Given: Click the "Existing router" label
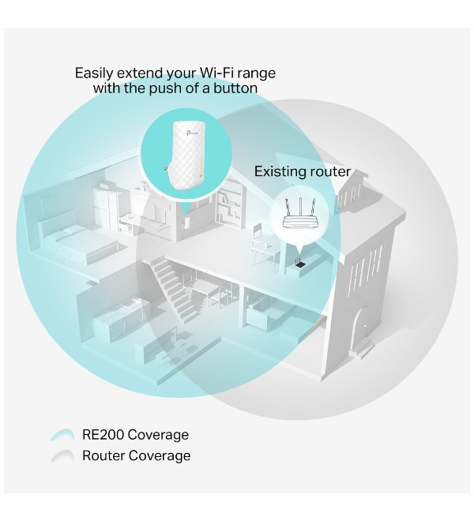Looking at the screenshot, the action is pos(303,172).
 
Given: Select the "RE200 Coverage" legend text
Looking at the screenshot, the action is pos(135,435).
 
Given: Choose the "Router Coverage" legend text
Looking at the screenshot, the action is pos(137,455).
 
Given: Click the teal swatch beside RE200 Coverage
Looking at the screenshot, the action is pos(62,435).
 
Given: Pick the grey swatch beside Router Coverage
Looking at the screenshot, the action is pos(62,455).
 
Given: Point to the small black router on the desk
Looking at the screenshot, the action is pos(300,263).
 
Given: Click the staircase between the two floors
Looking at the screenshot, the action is pos(174,290).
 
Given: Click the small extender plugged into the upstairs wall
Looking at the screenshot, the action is pos(186,223).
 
